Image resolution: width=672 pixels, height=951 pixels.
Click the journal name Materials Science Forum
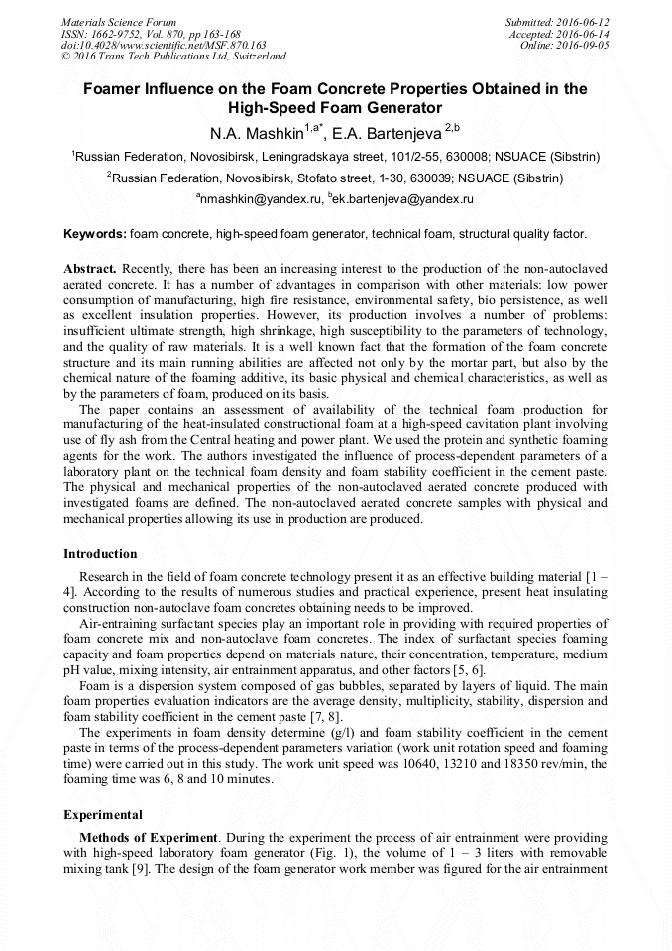point(119,22)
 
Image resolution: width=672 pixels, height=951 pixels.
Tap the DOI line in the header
point(164,45)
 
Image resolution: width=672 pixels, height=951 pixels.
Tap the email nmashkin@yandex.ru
point(262,199)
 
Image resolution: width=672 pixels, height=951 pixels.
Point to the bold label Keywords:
point(95,235)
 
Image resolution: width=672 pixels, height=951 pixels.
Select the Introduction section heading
point(100,554)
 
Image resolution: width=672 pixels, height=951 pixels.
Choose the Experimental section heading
point(103,815)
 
